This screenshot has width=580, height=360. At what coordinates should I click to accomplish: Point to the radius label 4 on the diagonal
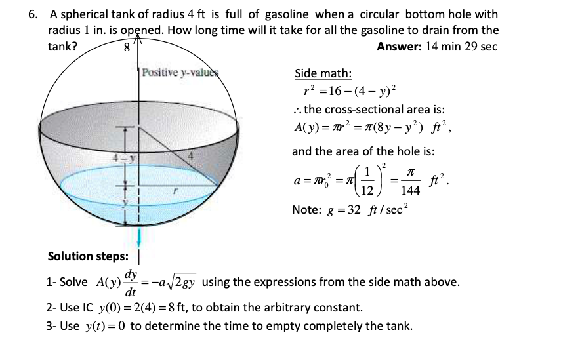click(x=192, y=156)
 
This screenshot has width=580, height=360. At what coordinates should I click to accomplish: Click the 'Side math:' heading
click(x=323, y=73)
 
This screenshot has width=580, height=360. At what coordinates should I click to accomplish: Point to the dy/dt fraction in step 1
click(x=131, y=283)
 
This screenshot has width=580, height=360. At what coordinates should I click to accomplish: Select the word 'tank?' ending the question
click(x=63, y=46)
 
